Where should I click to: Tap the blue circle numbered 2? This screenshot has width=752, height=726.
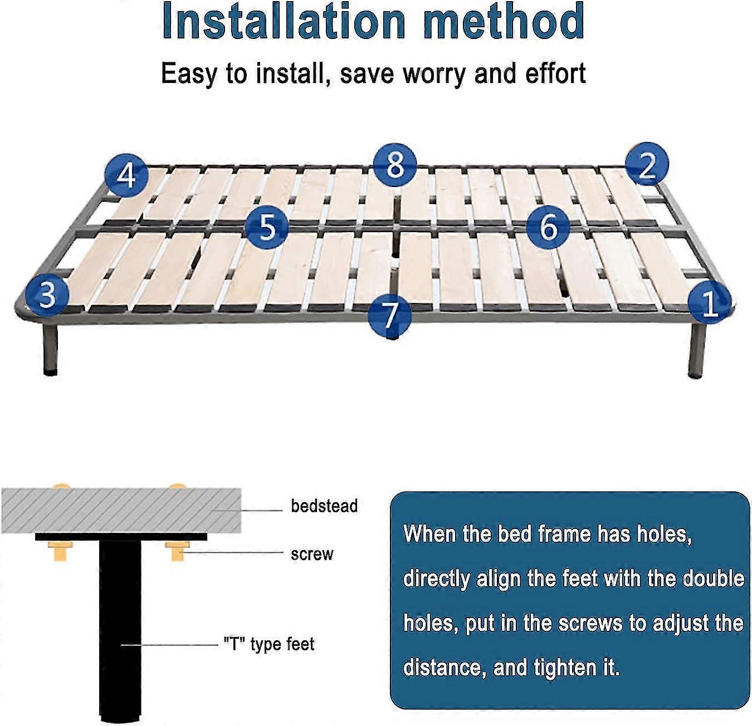coord(647,164)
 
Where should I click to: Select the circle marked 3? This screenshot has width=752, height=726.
coord(47,295)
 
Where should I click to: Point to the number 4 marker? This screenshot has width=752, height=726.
coord(126,176)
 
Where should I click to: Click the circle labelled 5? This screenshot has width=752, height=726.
coord(267,227)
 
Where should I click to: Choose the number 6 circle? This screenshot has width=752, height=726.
coord(548,227)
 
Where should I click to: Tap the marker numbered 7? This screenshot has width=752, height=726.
coord(390,315)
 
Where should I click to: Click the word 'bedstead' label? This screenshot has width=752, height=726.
coord(324,506)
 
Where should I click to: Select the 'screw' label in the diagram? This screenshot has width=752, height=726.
coord(312,555)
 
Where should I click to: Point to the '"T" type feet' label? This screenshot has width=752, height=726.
coord(269,644)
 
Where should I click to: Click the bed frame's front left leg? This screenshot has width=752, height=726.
coord(50,348)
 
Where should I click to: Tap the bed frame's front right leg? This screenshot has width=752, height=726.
coord(697,350)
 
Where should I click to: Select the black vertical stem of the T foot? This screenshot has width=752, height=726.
coord(120,629)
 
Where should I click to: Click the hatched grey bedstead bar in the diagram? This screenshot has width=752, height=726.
coord(121,511)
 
